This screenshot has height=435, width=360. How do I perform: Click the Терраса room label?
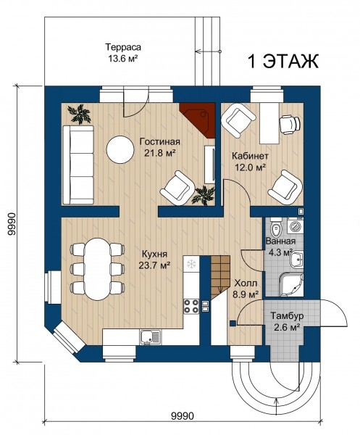(x=122, y=47)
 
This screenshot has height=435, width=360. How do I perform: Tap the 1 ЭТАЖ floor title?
(x=282, y=62)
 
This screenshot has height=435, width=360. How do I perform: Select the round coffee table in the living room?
(x=120, y=149)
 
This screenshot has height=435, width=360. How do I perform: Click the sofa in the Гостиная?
(x=78, y=165)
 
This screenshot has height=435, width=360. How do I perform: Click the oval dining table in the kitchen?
(x=97, y=269)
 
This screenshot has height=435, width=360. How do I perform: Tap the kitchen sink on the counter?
(x=151, y=337)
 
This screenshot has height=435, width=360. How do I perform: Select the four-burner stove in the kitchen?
(x=191, y=306)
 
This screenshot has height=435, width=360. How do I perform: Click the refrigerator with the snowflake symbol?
(x=191, y=263)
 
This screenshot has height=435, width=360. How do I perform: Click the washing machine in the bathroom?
(x=296, y=226)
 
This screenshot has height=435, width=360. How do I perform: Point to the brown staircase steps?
(x=220, y=278)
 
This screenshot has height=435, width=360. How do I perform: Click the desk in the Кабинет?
(x=269, y=123)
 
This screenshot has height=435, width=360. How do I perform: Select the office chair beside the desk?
(x=290, y=124)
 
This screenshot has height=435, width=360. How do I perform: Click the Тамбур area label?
(x=287, y=315)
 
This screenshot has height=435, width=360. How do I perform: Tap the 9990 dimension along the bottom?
(x=183, y=416)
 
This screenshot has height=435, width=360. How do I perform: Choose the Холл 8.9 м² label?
(x=246, y=289)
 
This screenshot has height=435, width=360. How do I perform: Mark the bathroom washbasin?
(x=296, y=260)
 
